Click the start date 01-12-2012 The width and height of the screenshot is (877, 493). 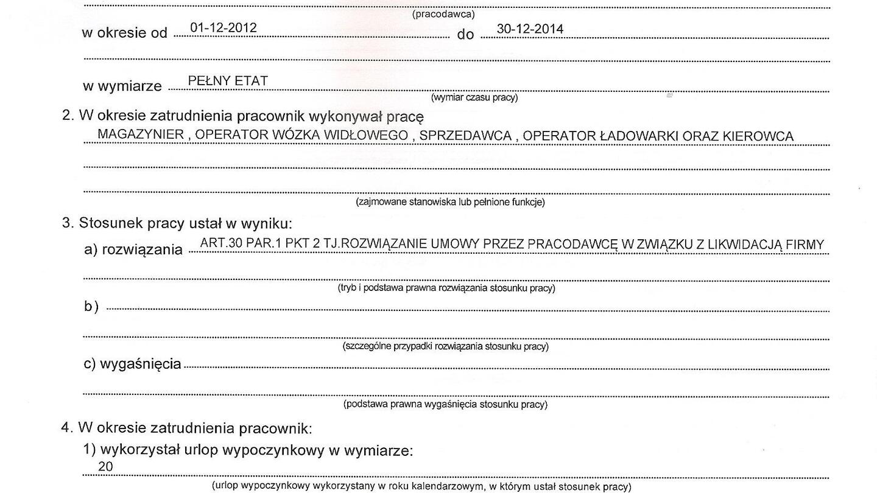pyautogui.click(x=223, y=28)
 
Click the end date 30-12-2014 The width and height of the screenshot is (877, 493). pyautogui.click(x=530, y=29)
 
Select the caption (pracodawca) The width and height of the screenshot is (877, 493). pyautogui.click(x=443, y=14)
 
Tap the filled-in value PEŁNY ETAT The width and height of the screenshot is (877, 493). pyautogui.click(x=228, y=81)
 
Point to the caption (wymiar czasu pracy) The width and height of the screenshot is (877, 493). pyautogui.click(x=474, y=97)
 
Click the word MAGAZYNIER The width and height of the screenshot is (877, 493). pyautogui.click(x=141, y=135)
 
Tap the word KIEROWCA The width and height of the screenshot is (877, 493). pyautogui.click(x=758, y=137)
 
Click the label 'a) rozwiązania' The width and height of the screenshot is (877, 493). pyautogui.click(x=133, y=250)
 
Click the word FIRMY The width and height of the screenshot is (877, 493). pyautogui.click(x=805, y=245)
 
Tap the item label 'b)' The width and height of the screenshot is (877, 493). pyautogui.click(x=91, y=307)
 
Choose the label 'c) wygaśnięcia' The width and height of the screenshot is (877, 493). pyautogui.click(x=132, y=364)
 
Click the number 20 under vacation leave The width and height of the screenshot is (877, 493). pyautogui.click(x=105, y=467)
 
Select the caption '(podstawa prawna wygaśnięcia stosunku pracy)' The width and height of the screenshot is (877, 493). pyautogui.click(x=445, y=404)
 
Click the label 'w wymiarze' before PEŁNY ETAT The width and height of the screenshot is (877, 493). pyautogui.click(x=122, y=86)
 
